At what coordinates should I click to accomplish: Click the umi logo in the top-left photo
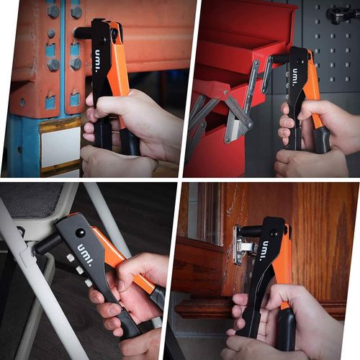point(97,61)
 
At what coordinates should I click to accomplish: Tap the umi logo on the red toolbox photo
point(295,77)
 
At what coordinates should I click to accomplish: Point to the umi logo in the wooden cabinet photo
point(266,251)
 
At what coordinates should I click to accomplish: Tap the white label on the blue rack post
point(60,147)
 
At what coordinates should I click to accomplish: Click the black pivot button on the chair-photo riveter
point(80,233)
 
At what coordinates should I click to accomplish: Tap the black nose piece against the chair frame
point(46,245)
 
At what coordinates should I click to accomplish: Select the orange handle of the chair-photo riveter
point(122,259)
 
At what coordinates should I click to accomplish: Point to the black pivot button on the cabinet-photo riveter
point(273,233)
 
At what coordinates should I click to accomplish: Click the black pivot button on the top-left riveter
point(105,40)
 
